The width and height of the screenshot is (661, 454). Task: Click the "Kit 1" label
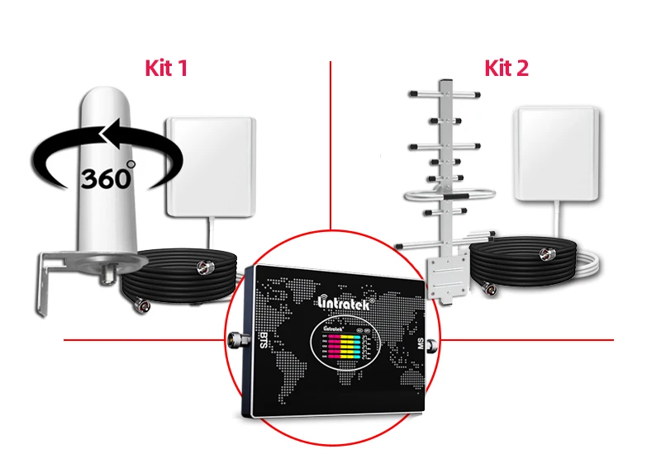(x=166, y=68)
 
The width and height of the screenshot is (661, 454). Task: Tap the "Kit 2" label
(x=506, y=68)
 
